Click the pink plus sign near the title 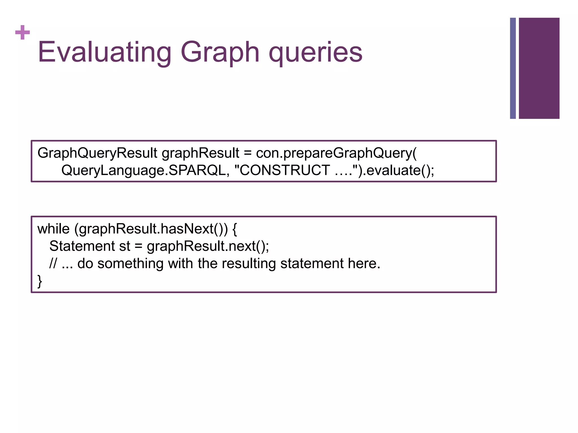23,32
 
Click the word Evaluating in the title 104,52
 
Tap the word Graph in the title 220,52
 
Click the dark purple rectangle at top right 539,68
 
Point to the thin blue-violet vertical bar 513,68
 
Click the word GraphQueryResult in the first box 97,153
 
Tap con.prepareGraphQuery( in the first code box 336,153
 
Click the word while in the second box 53,229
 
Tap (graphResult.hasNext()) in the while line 151,229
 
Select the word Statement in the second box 82,246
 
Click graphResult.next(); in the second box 208,246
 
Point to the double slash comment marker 53,264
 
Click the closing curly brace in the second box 40,281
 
